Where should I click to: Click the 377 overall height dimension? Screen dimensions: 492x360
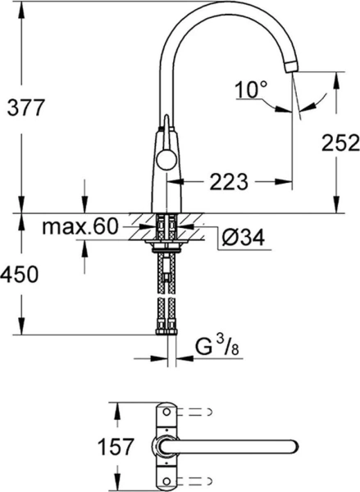point(21,107)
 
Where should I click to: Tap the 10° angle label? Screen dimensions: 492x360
point(250,89)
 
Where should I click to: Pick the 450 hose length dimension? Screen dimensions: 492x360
point(21,276)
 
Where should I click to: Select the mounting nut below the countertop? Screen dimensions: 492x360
point(166,244)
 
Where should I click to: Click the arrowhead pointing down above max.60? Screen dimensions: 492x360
point(84,208)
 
